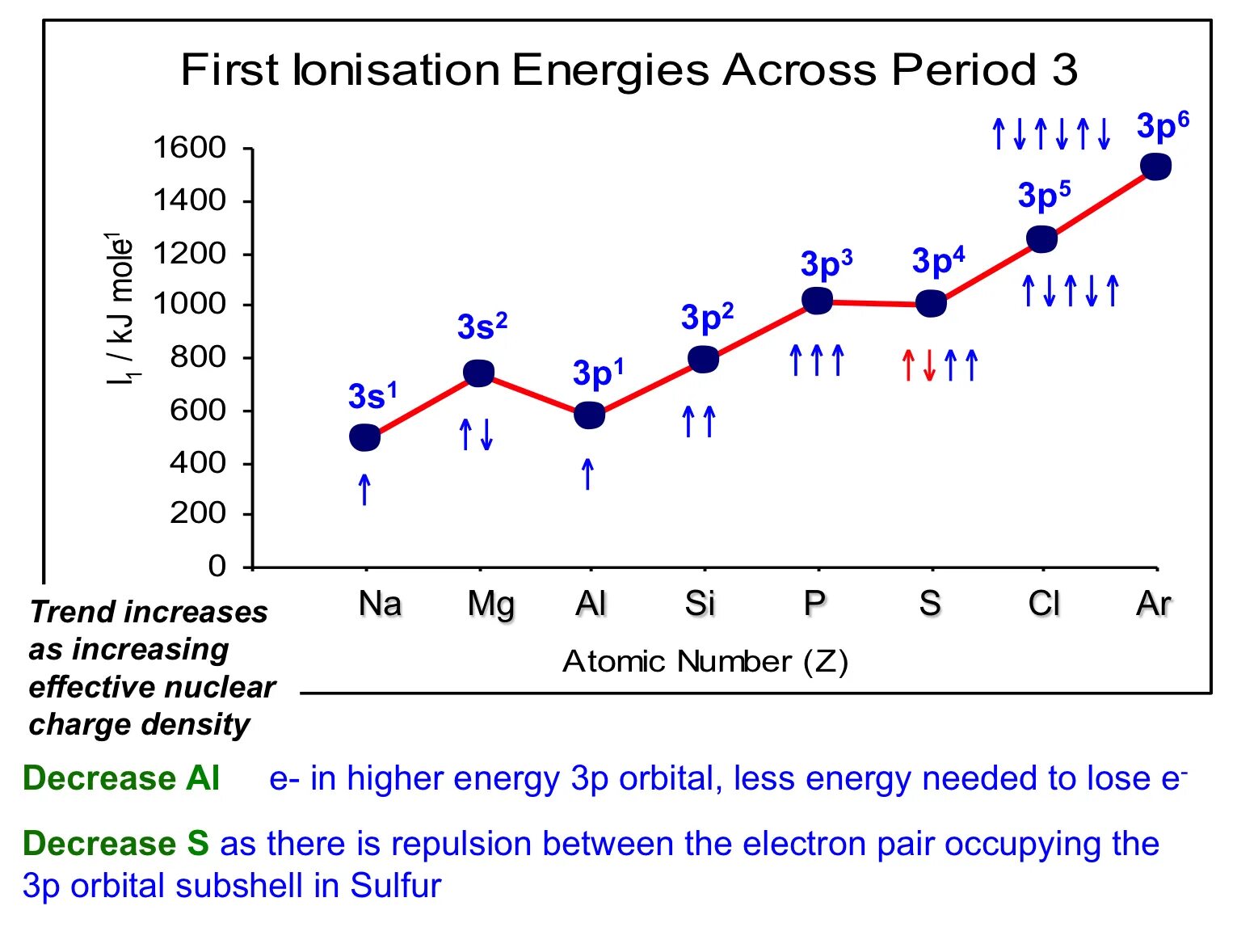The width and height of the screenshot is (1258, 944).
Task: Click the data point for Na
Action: point(364,437)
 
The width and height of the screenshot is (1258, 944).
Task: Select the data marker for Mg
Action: point(478,373)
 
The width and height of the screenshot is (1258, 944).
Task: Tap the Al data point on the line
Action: point(589,415)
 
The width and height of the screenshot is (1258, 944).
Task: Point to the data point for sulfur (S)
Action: point(931,304)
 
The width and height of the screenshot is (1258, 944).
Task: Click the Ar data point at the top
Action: point(1155,166)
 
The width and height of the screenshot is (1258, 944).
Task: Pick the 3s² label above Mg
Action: point(482,327)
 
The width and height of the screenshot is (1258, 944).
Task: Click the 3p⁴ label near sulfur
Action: point(938,261)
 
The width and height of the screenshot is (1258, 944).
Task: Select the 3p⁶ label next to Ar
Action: point(1162,126)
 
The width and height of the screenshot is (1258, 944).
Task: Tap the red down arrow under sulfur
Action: point(929,365)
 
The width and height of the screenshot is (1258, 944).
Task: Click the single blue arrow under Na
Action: point(364,489)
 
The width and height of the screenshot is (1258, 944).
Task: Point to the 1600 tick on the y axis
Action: point(190,148)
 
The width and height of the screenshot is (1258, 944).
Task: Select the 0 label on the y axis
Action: point(217,565)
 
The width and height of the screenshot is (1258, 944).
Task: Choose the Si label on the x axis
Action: point(700,604)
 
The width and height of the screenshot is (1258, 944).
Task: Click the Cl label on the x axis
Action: point(1043,604)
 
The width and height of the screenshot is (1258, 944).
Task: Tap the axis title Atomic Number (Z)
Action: point(705,662)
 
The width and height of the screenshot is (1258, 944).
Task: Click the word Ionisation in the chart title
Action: point(396,70)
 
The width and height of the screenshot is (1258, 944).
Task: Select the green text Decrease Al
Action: point(121,778)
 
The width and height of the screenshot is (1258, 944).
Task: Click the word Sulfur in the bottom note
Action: point(395,886)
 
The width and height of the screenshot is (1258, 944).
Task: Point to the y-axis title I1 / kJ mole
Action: point(122,308)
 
